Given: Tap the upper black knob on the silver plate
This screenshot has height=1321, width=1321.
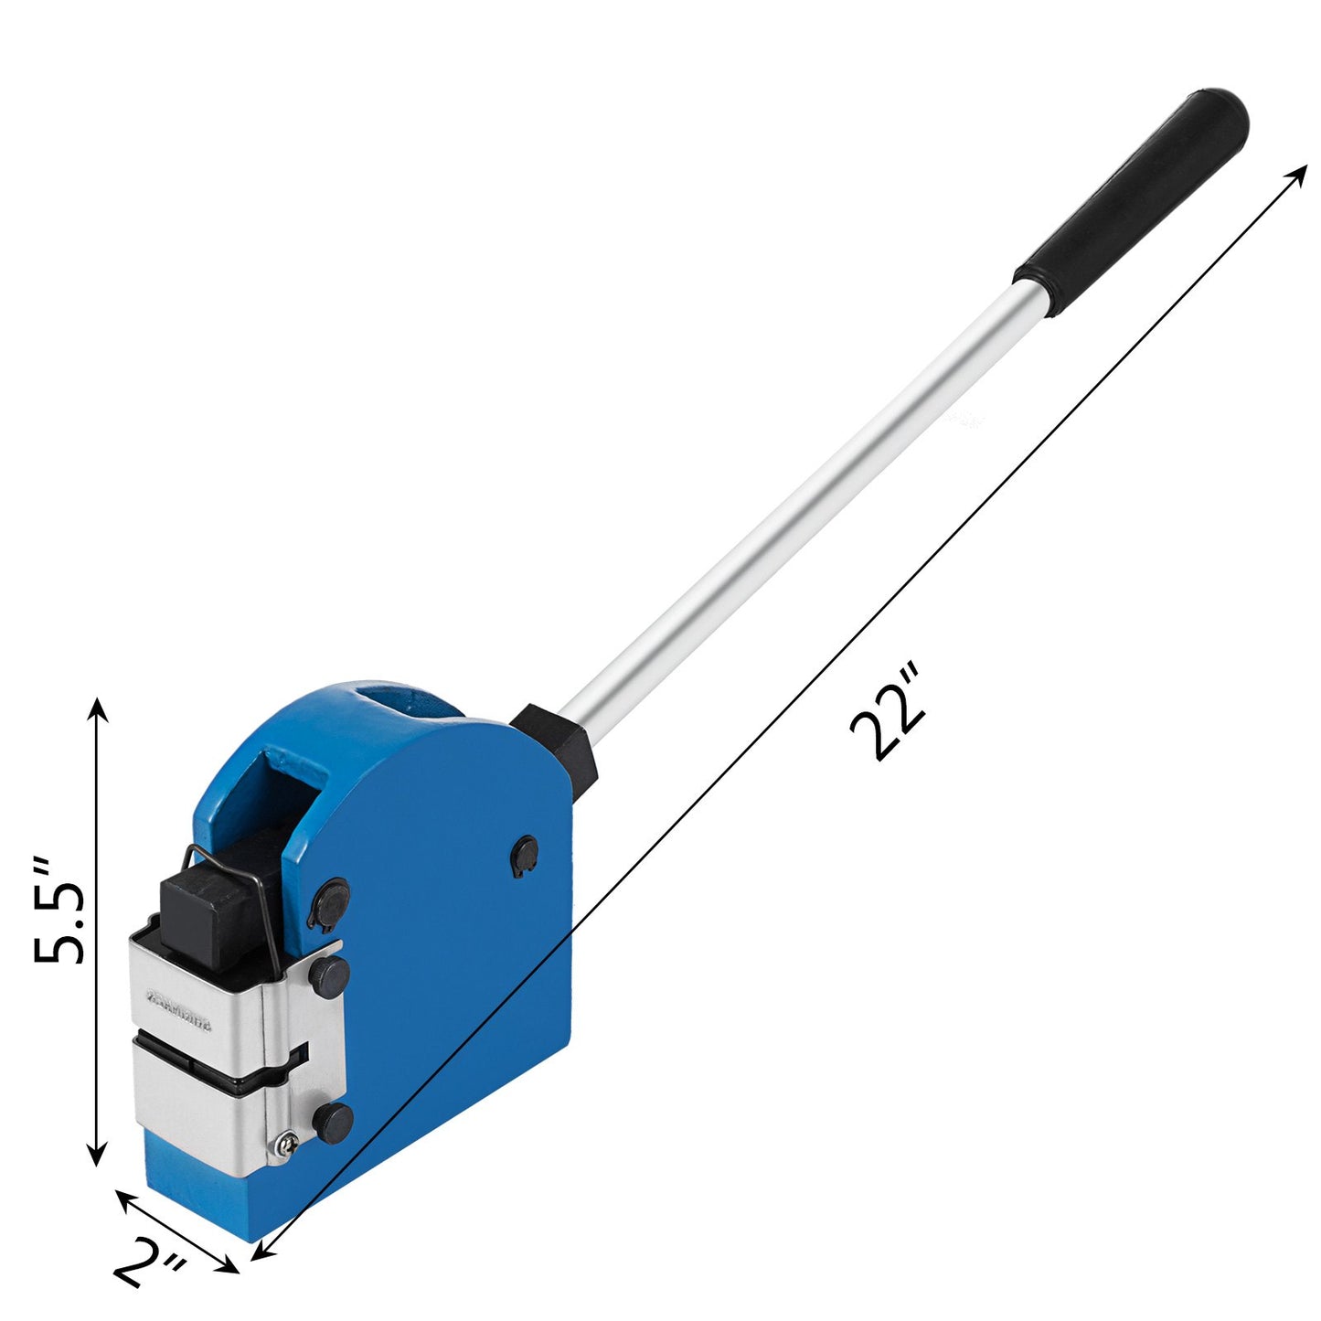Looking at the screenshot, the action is [328, 976].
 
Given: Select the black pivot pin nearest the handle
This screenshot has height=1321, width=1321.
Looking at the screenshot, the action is [525, 856].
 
